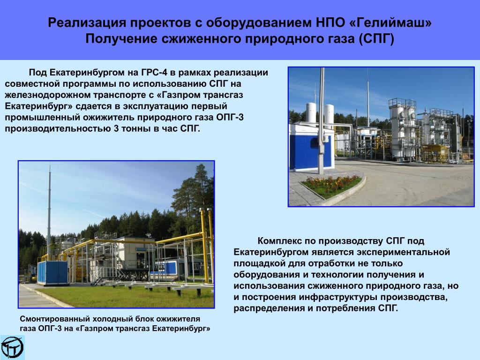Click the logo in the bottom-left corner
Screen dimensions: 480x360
pyautogui.click(x=12, y=347)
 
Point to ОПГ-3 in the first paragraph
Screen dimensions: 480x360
pyautogui.click(x=230, y=117)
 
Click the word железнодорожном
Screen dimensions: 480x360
pyautogui.click(x=48, y=95)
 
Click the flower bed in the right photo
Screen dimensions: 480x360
pyautogui.click(x=331, y=185)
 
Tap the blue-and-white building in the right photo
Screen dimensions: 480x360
pyautogui.click(x=311, y=147)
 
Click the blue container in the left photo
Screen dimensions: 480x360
pyautogui.click(x=52, y=272)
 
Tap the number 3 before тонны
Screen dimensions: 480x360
pyautogui.click(x=116, y=128)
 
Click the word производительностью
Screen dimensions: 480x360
pyautogui.click(x=58, y=128)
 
